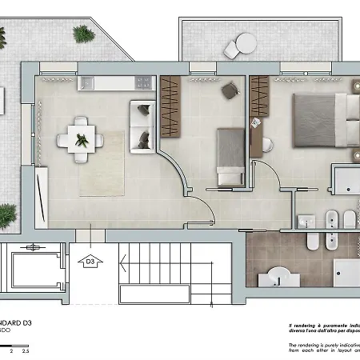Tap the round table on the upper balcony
245,43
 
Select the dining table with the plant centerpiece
81,139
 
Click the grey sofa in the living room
142,125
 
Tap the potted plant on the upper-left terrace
83,34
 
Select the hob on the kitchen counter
143,81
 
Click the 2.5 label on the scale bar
26,350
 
